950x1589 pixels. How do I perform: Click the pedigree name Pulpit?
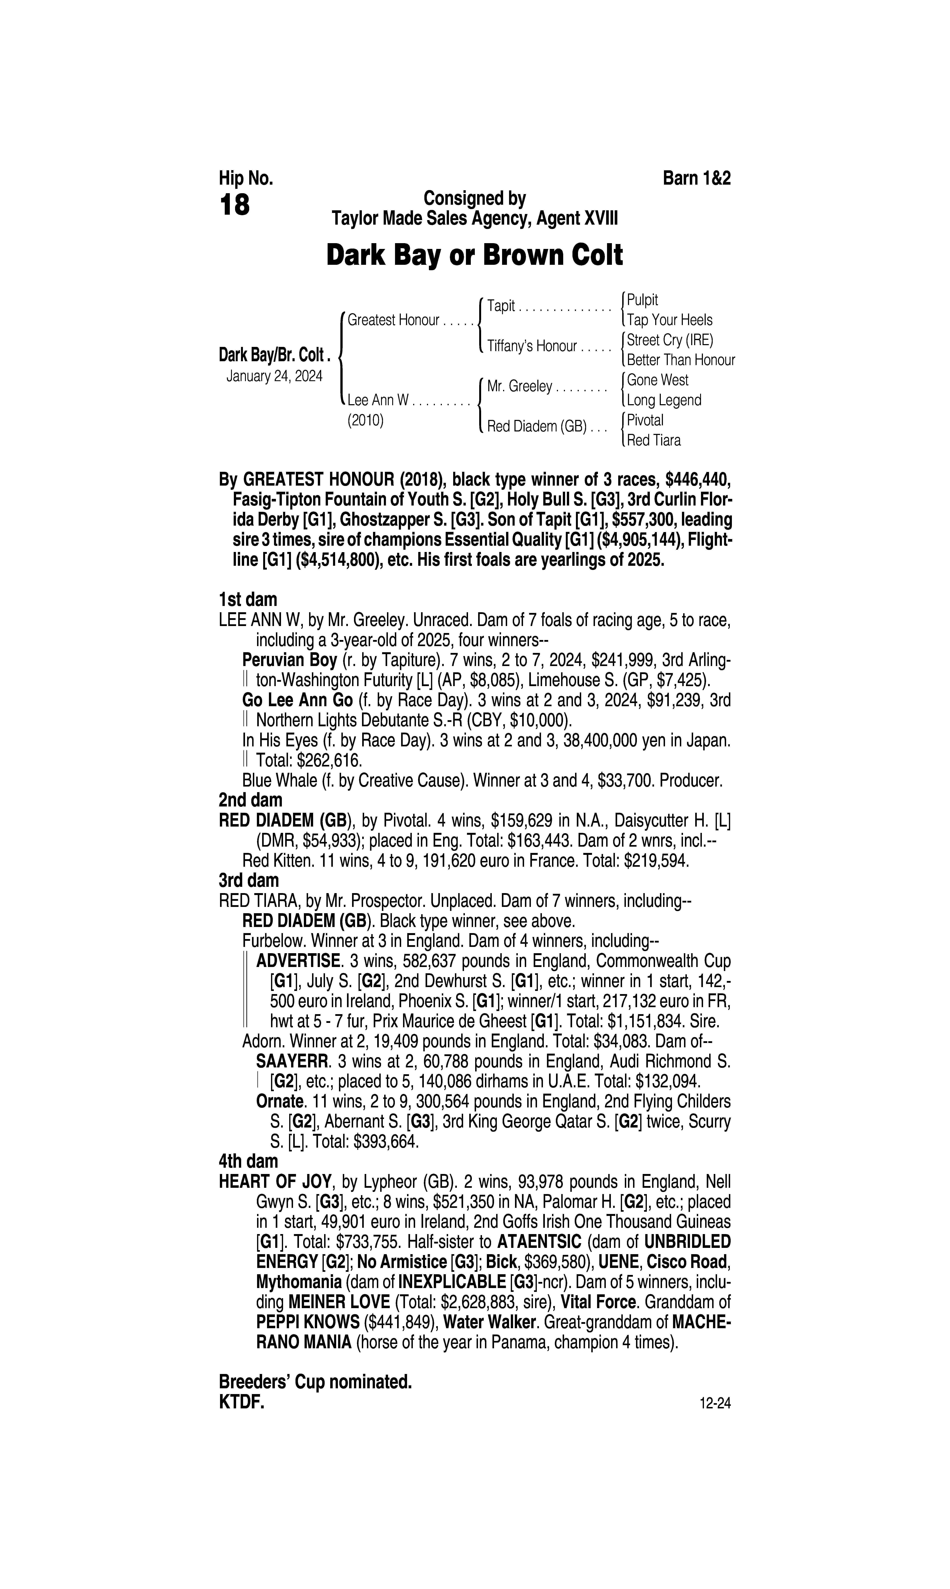coord(643,300)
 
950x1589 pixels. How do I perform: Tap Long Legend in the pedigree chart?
coord(664,400)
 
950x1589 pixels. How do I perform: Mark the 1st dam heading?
coord(248,600)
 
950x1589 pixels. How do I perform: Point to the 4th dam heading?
coord(249,1161)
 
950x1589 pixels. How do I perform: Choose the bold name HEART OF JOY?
coord(275,1181)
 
